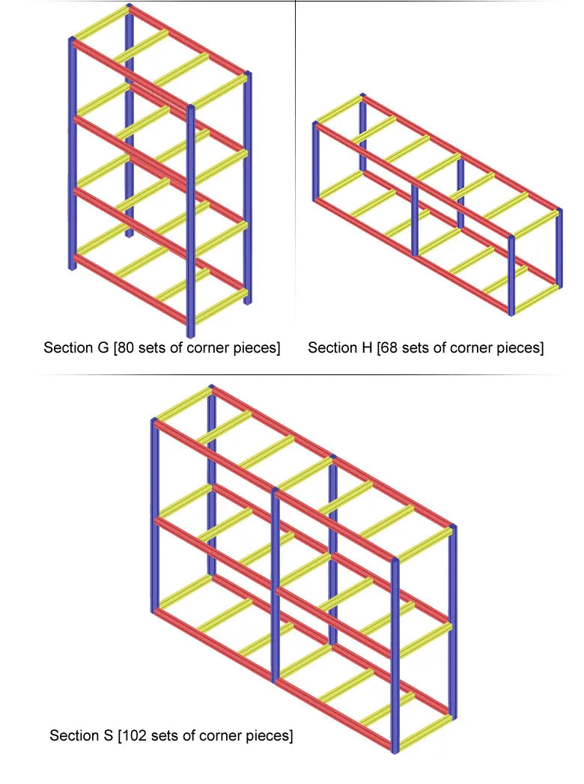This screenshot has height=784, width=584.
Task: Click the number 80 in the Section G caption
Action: tap(126, 347)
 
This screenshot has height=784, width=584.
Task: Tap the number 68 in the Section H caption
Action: tap(389, 347)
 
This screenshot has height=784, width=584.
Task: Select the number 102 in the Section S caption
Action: tap(133, 735)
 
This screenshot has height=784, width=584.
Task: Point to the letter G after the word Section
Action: tap(103, 347)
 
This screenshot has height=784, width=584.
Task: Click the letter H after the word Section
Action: tap(366, 347)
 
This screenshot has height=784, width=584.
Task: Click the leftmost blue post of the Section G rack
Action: tap(73, 154)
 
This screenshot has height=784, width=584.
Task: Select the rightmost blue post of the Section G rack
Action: tap(248, 188)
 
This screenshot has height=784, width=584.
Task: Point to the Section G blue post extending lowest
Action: tap(190, 221)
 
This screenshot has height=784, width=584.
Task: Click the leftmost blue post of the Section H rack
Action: tap(316, 162)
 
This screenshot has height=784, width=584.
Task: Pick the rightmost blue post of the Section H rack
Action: tap(559, 248)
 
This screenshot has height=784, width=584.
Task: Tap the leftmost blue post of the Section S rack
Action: tap(155, 515)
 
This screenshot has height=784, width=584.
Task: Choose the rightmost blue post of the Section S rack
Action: tap(453, 622)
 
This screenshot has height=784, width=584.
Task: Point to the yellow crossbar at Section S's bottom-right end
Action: tap(425, 733)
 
